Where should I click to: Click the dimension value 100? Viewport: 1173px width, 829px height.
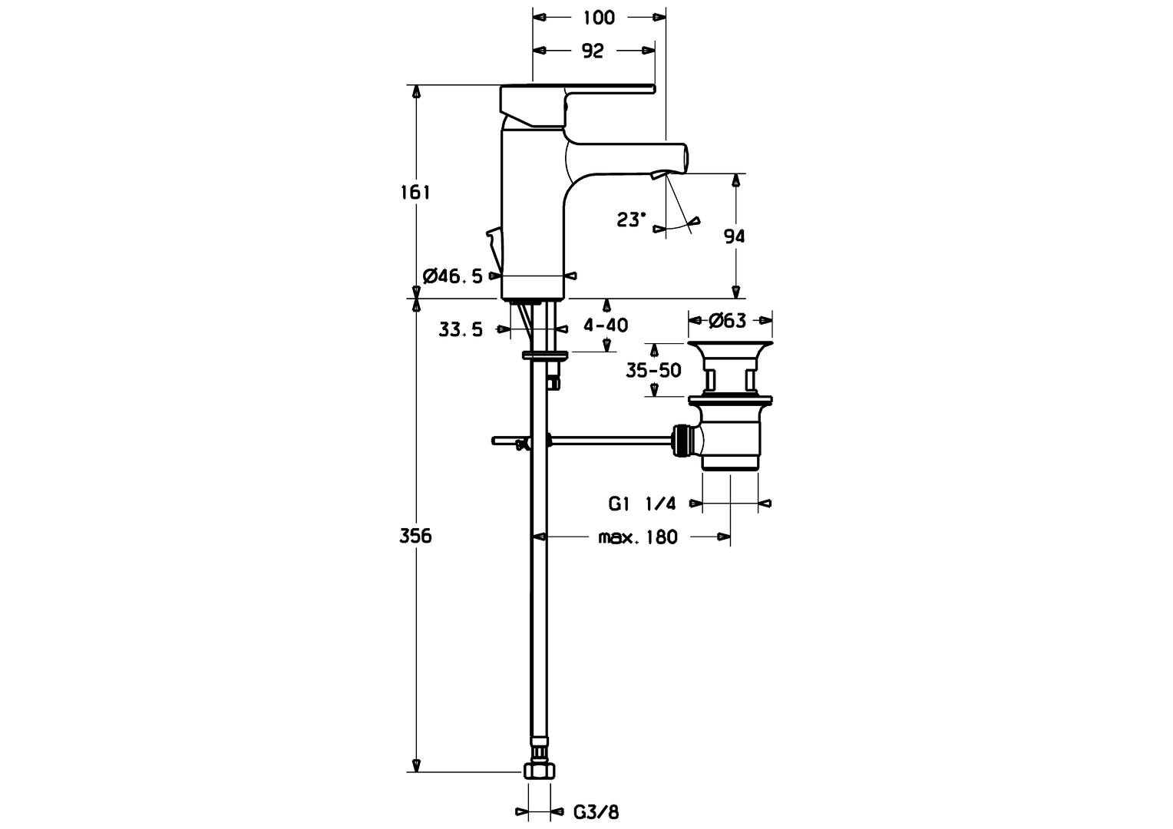[599, 17]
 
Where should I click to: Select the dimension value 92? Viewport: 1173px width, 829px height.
[593, 51]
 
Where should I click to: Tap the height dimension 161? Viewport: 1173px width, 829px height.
[415, 192]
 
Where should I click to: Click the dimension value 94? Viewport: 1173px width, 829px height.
[735, 236]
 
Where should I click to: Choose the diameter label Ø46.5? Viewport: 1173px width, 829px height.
[453, 276]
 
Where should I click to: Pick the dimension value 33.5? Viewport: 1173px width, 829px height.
[461, 330]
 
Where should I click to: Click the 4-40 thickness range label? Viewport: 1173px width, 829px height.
[606, 325]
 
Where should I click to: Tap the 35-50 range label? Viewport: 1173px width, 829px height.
[653, 371]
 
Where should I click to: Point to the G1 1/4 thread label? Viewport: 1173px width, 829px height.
[642, 504]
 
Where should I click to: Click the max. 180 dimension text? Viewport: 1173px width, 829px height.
[638, 537]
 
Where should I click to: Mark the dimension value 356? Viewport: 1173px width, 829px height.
[415, 536]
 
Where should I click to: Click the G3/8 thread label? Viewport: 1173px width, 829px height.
[596, 811]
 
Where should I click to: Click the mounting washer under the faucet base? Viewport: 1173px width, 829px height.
[544, 355]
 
